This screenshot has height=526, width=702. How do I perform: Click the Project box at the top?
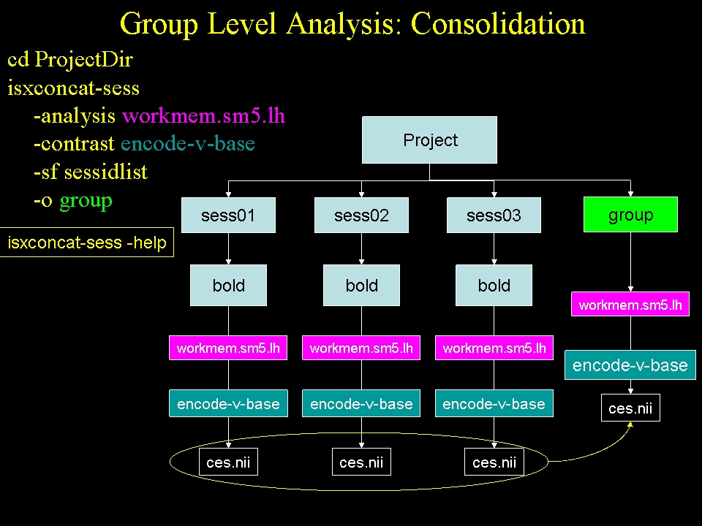[430, 140]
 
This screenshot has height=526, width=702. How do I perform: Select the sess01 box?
[228, 216]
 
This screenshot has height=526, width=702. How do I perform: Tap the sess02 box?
[361, 216]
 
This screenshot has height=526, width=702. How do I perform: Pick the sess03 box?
[494, 216]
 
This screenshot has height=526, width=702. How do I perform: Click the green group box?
[630, 215]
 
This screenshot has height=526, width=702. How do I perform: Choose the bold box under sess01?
[228, 285]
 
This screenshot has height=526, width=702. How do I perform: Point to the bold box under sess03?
[494, 285]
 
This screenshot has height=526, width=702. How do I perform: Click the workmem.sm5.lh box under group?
[630, 305]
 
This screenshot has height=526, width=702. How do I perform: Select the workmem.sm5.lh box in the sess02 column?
[361, 348]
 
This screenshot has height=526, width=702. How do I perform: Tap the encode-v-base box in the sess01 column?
[228, 404]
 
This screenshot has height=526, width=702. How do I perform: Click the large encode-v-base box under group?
[630, 365]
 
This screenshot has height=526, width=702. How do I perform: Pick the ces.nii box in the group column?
[630, 408]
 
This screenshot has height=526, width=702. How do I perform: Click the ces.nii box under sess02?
[361, 462]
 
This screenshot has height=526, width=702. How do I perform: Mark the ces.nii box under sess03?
[494, 462]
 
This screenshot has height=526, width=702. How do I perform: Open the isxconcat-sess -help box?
[87, 243]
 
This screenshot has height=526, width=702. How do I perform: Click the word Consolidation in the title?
[497, 24]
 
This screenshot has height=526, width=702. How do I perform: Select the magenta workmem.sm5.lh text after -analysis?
[203, 115]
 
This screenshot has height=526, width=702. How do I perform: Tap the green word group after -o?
[86, 200]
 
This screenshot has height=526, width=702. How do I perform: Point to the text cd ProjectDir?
[70, 60]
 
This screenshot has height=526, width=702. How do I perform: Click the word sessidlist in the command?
[106, 172]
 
